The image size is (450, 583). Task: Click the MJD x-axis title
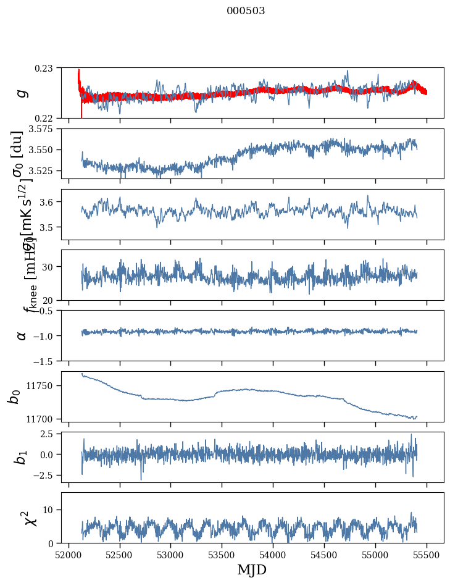pyautogui.click(x=252, y=569)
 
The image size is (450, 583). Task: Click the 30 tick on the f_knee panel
pyautogui.click(x=51, y=267)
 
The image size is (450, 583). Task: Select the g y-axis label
pyautogui.click(x=22, y=93)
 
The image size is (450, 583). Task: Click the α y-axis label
pyautogui.click(x=22, y=335)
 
